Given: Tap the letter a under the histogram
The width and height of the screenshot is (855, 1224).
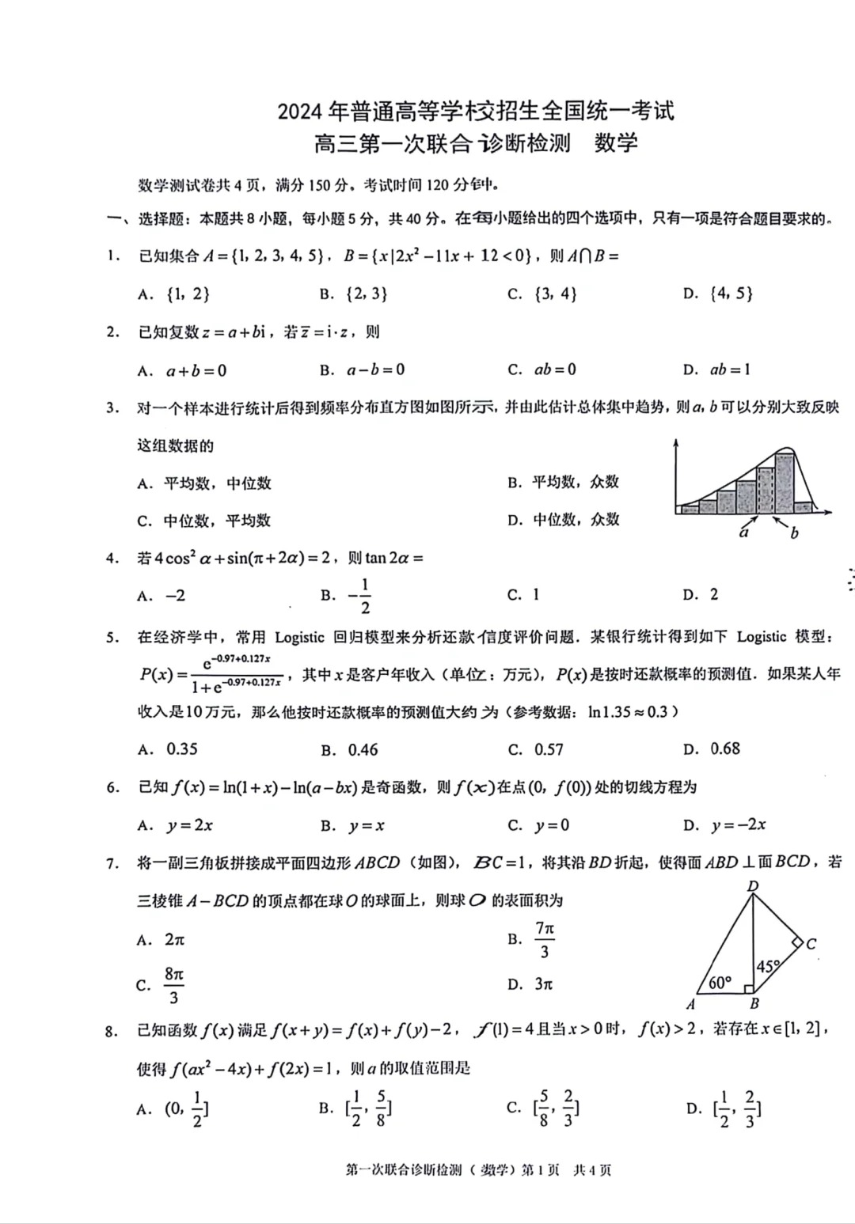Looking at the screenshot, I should pos(744,532).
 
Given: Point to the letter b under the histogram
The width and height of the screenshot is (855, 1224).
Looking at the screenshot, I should pos(794,533).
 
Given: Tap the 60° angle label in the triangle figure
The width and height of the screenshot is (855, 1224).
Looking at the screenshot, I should pos(720,982).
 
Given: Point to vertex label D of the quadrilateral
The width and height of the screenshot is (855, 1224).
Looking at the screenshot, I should pos(753,886).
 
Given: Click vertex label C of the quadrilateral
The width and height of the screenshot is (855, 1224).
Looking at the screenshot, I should pos(811,943).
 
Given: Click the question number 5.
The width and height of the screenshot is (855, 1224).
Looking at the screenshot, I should pos(112,637).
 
